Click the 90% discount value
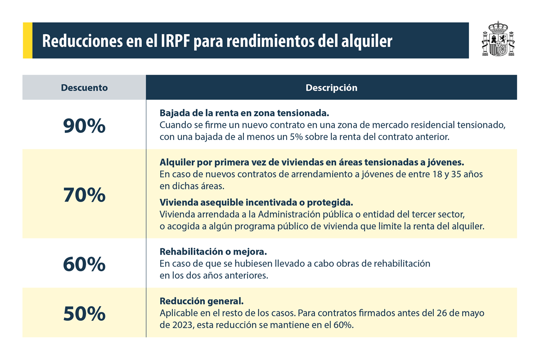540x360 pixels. click(x=84, y=126)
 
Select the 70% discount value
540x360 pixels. click(x=84, y=195)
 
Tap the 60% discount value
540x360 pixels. click(x=84, y=264)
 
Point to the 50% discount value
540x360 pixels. click(x=84, y=314)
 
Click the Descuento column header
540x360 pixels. click(x=84, y=88)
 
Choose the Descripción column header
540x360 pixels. click(x=331, y=88)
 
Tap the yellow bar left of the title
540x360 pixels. click(x=27, y=40)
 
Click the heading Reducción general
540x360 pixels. click(x=201, y=301)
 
